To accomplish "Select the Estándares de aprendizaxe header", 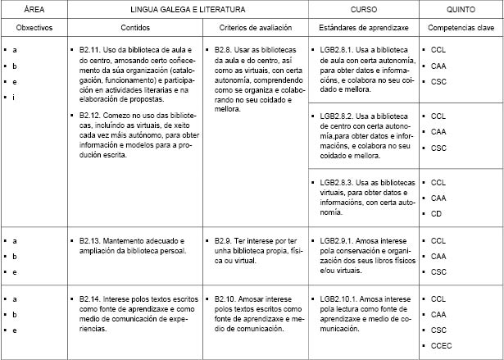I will click(x=363, y=28).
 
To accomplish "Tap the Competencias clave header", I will click(x=461, y=28).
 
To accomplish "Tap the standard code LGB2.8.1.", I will click(x=338, y=51).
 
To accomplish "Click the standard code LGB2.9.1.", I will click(x=338, y=241).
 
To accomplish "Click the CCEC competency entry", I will click(x=441, y=345).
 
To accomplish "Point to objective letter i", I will click(x=15, y=98).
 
